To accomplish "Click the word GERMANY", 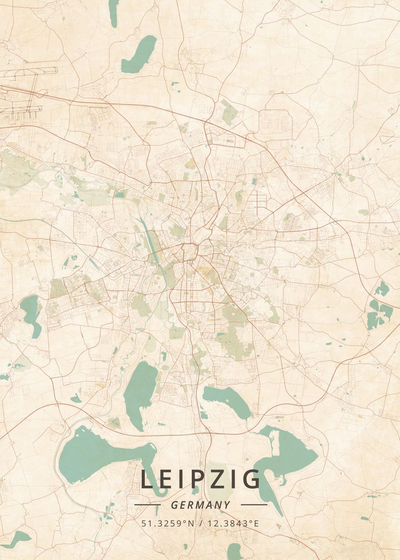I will [x=200, y=505].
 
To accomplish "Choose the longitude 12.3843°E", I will [x=232, y=523].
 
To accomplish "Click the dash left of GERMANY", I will [x=147, y=504].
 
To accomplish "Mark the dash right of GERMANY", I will [x=254, y=504].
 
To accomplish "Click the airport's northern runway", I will [x=28, y=71].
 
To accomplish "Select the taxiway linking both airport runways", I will [x=35, y=91].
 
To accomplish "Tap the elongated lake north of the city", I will [x=139, y=55].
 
